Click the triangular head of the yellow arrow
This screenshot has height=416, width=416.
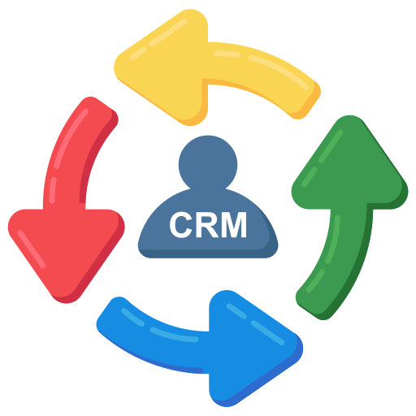pyautogui.click(x=158, y=65)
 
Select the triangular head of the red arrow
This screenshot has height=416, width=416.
pyautogui.click(x=65, y=244)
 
